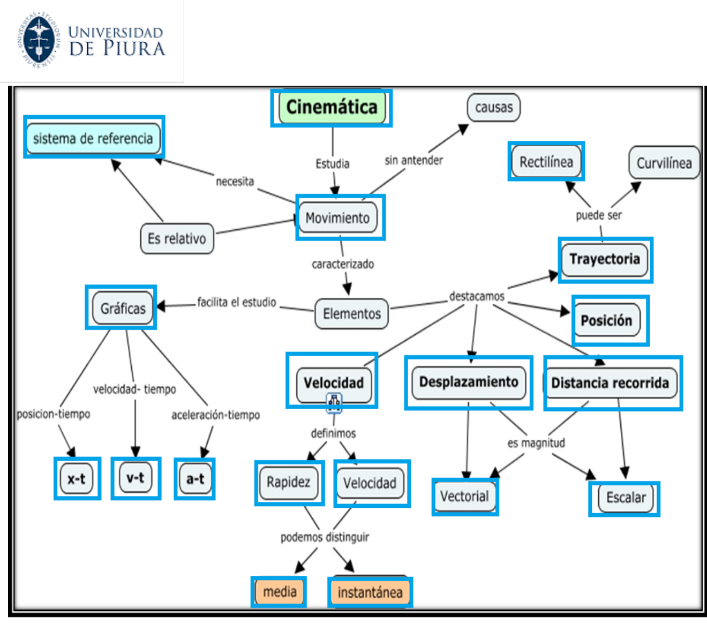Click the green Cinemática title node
tap(332, 107)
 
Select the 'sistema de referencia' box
tap(93, 138)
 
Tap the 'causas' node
tap(494, 107)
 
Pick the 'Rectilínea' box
tap(546, 162)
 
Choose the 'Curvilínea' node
tap(664, 163)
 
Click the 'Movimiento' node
tap(337, 218)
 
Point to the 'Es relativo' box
tap(177, 238)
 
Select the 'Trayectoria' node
tap(605, 259)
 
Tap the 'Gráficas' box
tap(123, 309)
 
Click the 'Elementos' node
tap(351, 314)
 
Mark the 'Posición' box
tap(606, 320)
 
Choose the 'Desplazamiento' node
tap(469, 382)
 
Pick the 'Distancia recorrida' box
tap(610, 383)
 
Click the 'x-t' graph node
tap(77, 478)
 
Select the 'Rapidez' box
tap(289, 482)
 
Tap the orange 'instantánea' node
tap(370, 592)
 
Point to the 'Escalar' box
tap(626, 498)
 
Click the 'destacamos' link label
tap(477, 296)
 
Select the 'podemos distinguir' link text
tap(325, 537)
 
